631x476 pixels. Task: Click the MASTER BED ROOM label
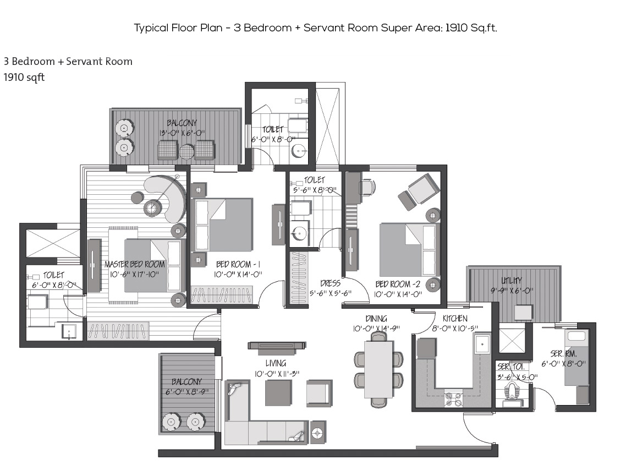[x=134, y=264]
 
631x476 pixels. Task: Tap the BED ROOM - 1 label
[x=238, y=264]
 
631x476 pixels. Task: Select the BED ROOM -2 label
[x=398, y=284]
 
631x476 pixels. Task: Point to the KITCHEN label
[x=455, y=318]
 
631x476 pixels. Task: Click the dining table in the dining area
[x=378, y=369]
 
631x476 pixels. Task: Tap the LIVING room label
[x=276, y=363]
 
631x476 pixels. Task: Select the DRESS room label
[x=331, y=283]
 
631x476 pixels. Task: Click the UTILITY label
[x=512, y=280]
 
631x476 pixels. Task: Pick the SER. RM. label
[x=563, y=354]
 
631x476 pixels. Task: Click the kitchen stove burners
[x=453, y=398]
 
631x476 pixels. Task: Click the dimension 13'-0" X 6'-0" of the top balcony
[x=182, y=133]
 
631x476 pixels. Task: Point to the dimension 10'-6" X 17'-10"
[x=134, y=275]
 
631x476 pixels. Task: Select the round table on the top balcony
[x=186, y=151]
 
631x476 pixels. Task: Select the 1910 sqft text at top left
[x=24, y=78]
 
